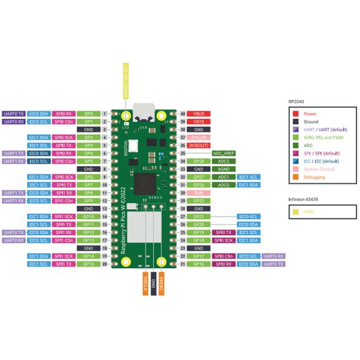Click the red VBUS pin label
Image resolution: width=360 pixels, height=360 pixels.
[x=199, y=114]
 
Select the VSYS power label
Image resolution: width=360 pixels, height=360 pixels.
[x=199, y=122]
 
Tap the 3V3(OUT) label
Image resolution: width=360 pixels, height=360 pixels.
[x=199, y=145]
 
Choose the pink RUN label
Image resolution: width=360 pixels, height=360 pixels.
[x=199, y=193]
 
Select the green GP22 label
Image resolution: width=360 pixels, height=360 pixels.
[x=199, y=201]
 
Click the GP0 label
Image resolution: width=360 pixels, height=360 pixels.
[x=89, y=114]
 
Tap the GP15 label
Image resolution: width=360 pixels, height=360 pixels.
[x=89, y=263]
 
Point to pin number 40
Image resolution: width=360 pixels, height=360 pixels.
[x=183, y=114]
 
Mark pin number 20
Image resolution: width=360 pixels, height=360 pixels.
[x=105, y=263]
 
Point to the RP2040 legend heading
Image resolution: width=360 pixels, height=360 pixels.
[x=297, y=101]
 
